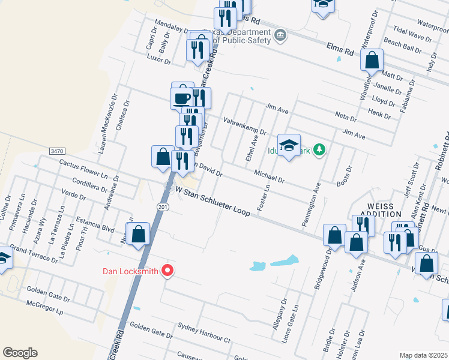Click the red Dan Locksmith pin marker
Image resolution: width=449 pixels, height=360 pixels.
click(167, 271)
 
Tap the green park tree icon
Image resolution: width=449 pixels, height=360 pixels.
click(321, 150)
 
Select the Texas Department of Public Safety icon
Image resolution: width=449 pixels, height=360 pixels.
click(280, 36)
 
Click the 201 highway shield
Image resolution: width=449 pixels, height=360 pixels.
click(163, 206)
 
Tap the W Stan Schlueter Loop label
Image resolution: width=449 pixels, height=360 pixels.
click(212, 200)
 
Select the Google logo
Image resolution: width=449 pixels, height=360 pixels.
click(20, 353)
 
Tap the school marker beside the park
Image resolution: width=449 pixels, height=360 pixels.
click(289, 146)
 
